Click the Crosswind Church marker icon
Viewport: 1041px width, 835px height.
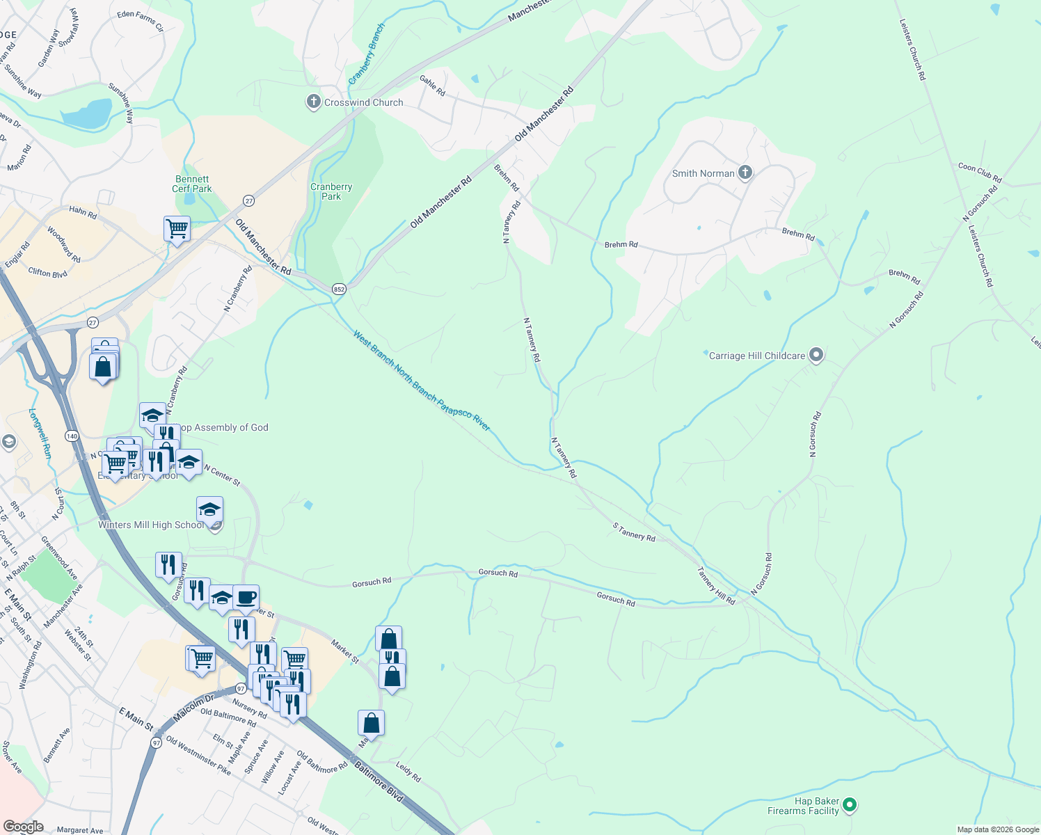tap(314, 102)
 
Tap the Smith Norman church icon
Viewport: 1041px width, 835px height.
tap(745, 173)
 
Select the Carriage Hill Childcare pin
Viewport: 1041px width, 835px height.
tap(816, 356)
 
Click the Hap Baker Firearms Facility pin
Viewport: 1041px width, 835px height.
tap(849, 806)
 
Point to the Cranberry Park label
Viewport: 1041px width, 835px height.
tap(331, 191)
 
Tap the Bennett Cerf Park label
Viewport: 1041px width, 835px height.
tap(192, 184)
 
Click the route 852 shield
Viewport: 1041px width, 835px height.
tap(339, 289)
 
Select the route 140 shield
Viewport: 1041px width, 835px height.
tap(72, 436)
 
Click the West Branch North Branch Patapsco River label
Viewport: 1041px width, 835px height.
tap(421, 381)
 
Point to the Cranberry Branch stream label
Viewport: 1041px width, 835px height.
tap(366, 54)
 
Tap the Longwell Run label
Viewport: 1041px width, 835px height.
tap(40, 433)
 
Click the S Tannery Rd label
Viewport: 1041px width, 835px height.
tap(634, 532)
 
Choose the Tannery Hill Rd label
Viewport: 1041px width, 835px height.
tap(716, 585)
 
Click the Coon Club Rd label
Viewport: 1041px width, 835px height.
tap(979, 173)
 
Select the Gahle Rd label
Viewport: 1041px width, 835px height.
tap(432, 86)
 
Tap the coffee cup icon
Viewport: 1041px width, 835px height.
tap(246, 597)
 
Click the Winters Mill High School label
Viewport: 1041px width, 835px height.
tap(151, 525)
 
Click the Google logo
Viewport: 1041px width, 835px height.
tap(23, 827)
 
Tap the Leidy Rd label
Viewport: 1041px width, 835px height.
tap(408, 771)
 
